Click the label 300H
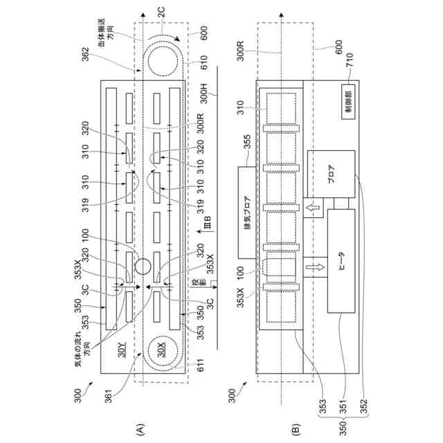coord(204,91)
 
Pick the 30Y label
coord(122,348)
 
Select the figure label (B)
coord(296,424)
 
